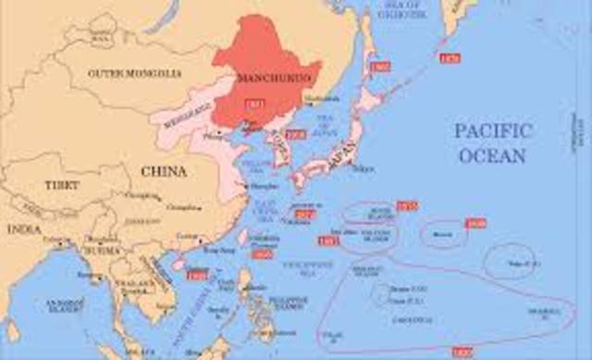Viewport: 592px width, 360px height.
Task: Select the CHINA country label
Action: point(163,171)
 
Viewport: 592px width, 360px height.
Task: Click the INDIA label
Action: point(19,227)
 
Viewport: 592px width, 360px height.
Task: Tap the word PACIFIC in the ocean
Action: point(493,130)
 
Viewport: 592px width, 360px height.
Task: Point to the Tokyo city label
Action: point(363,168)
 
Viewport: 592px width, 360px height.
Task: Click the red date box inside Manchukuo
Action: point(255,103)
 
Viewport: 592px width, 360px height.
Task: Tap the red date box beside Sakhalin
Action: point(378,68)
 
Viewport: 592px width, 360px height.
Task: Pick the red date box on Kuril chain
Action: point(450,58)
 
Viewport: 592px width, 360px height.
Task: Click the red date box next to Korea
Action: point(294,134)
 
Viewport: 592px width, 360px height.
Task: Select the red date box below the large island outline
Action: point(462,353)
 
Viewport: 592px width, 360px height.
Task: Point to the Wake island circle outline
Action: point(510,261)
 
